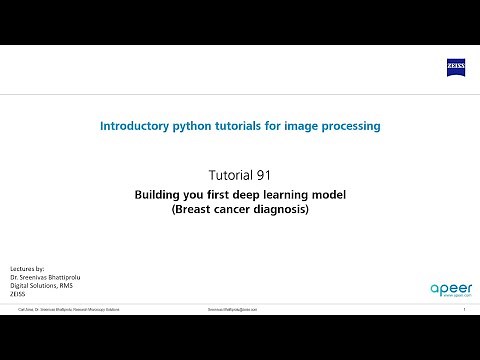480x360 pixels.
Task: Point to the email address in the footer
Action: pos(233,310)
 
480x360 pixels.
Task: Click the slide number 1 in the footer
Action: pos(465,310)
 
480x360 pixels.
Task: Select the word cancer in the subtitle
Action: pos(232,211)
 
